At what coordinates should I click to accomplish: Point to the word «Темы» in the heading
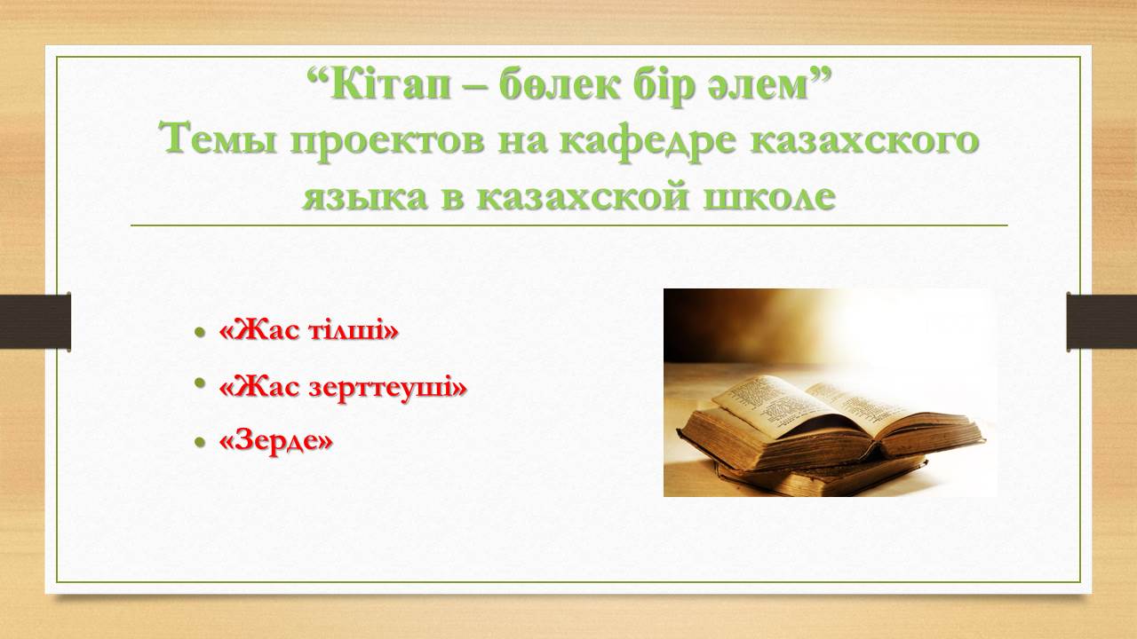point(218,139)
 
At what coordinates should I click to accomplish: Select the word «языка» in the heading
point(365,198)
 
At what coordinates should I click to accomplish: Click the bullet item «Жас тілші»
point(308,331)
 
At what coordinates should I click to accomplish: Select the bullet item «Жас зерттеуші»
point(343,389)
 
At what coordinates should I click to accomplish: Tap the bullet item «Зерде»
point(275,441)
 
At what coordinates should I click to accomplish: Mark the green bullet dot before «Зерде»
point(200,442)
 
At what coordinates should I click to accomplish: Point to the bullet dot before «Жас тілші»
point(200,333)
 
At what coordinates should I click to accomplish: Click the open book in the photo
point(832,421)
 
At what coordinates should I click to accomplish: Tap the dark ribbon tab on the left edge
point(36,321)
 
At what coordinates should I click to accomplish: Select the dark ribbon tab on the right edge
point(1101,321)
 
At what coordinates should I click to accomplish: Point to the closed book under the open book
point(823,477)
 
